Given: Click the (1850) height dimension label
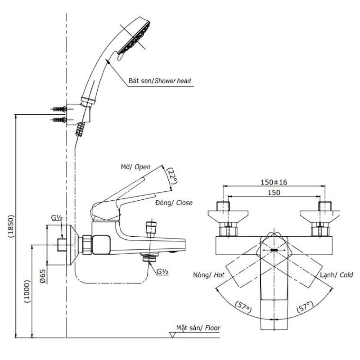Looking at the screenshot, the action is [11, 226].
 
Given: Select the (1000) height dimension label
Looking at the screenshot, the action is [27, 291].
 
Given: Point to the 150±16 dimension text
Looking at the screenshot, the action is [274, 182].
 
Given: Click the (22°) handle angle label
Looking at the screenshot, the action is [172, 176].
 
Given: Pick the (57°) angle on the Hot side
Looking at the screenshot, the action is [243, 308].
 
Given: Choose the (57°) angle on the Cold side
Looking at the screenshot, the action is [305, 307].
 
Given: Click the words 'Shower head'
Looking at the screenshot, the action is [173, 81].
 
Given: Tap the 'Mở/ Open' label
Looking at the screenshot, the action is [136, 167].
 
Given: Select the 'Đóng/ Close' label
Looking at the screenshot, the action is [174, 203].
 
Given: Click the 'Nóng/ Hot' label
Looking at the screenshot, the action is [209, 275].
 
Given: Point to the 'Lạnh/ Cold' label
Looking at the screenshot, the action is [337, 275].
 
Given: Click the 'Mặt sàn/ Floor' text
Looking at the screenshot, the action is [198, 328].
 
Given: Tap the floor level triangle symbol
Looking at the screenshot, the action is [172, 335].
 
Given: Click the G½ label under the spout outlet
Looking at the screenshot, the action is [162, 272].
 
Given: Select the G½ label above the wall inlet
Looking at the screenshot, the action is [57, 217].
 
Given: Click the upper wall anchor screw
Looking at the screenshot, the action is [60, 109].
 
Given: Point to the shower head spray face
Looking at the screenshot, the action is [134, 38].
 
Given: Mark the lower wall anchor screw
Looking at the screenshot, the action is [60, 120].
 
